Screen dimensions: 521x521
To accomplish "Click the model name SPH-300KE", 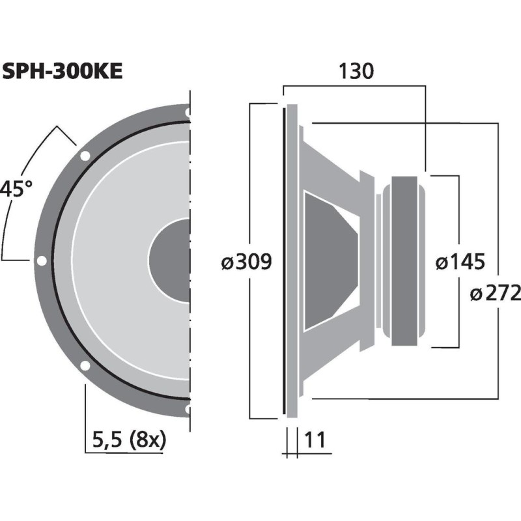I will point(62,71).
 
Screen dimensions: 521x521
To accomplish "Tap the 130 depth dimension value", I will point(355,71).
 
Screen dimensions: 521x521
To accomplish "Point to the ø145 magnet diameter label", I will point(460,262).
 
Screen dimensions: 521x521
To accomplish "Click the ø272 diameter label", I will point(495,294).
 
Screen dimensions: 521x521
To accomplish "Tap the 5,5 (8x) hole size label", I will point(129,440).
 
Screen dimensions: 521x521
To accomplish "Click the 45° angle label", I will point(16,190).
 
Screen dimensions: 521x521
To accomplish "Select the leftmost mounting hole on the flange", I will point(42,261).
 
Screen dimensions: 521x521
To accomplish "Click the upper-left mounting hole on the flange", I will point(85,156).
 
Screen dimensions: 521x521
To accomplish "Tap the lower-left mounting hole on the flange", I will point(85,366).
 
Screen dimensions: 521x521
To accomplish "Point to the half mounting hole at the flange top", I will point(188,113).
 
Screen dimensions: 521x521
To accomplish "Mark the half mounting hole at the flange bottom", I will point(188,409).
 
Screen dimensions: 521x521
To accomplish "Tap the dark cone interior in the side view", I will point(329,260).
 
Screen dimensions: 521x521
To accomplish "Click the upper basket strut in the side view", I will point(332,163).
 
